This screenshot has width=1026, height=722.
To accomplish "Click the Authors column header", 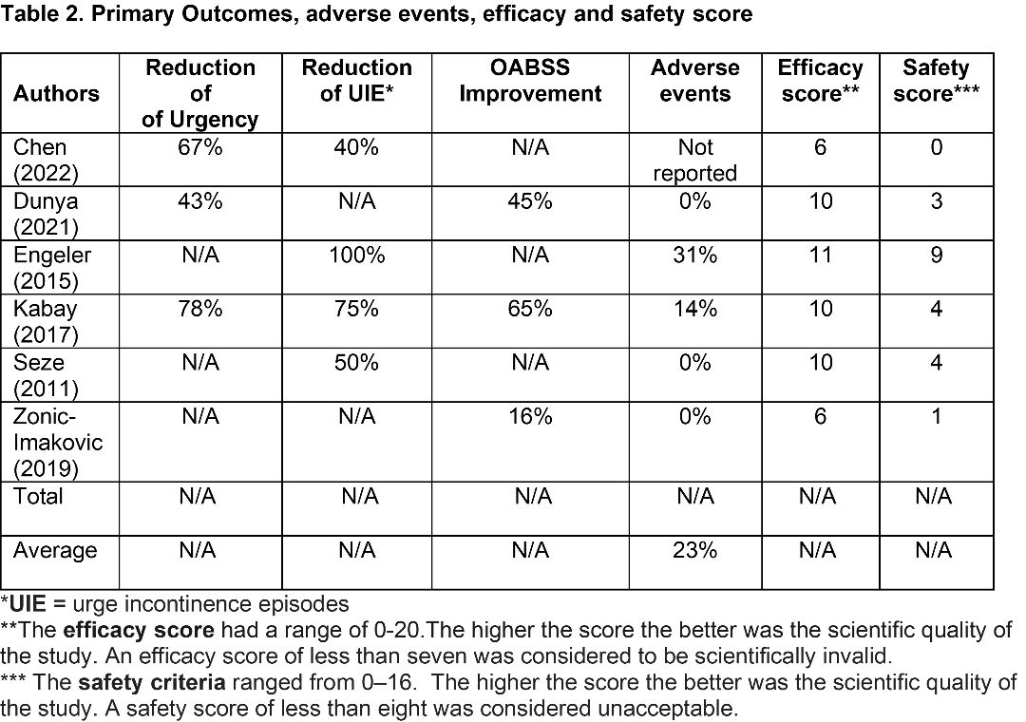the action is coord(56,94).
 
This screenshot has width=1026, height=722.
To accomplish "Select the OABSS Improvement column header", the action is coord(530,81).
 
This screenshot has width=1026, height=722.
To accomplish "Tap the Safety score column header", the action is coord(936,81).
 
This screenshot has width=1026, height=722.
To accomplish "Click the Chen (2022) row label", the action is coord(46,160).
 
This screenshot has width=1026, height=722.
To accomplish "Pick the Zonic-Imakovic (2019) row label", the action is coord(58,443).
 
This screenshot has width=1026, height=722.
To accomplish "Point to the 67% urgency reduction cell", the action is coord(200,147).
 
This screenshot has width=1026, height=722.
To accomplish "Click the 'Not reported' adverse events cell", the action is coord(694,160).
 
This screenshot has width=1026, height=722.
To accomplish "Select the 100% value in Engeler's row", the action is coord(356,255).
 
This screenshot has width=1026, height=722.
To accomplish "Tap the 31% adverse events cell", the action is coord(694,255).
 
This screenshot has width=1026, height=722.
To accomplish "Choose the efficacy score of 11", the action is coord(820,255).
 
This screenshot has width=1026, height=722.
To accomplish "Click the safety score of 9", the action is coord(937,255).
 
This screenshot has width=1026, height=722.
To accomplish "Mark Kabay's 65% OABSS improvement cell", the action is coord(530,309).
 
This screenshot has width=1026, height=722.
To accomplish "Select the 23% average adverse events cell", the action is coord(694,550).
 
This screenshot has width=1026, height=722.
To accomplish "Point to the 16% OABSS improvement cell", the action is coord(530,416).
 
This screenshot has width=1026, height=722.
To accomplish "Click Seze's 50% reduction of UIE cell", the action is coord(356,363).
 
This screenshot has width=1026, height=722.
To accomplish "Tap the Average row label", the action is coord(55,550).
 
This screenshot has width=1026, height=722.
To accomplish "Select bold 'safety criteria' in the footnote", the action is coord(152,682).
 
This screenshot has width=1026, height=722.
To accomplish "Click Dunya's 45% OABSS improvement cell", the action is coord(530,201).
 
